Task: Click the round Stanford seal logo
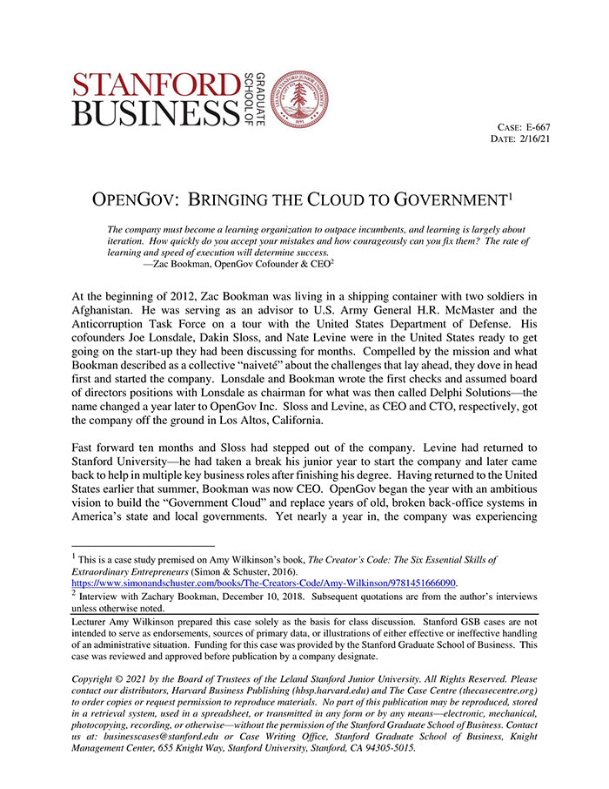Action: (298, 99)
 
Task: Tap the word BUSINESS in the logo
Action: (156, 112)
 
